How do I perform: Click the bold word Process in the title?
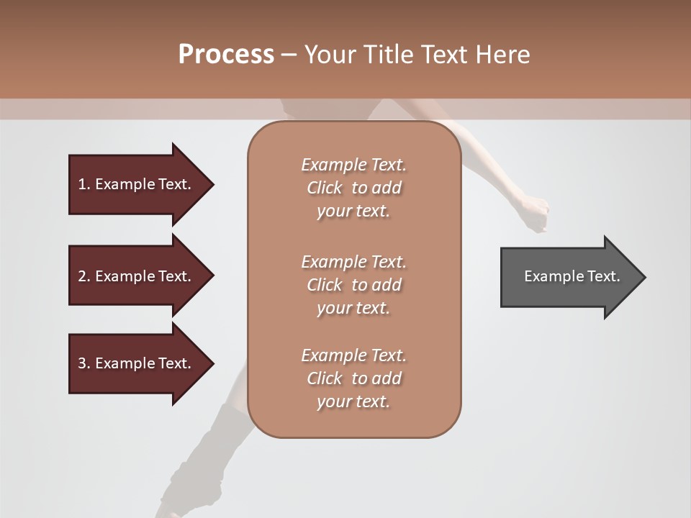coord(226,55)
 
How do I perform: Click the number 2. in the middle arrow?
coord(83,276)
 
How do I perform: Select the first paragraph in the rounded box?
coord(353,188)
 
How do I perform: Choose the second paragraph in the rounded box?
coord(353,285)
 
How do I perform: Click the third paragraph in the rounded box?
coord(353,378)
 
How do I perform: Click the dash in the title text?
coord(289,55)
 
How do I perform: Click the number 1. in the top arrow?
coord(83,184)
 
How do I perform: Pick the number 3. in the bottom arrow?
coord(83,363)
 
